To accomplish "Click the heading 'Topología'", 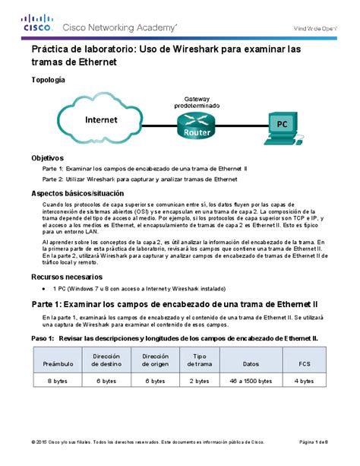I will pos(47,80).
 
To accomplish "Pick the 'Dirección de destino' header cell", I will pos(107,359).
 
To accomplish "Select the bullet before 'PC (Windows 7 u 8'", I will pos(52,290).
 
